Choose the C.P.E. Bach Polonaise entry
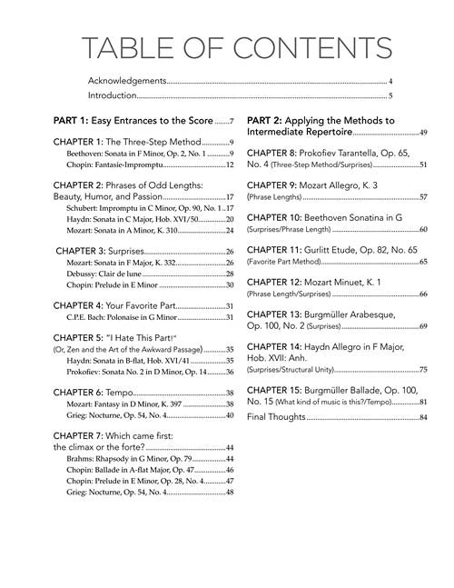point(122,317)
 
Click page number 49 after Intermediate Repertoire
point(422,133)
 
